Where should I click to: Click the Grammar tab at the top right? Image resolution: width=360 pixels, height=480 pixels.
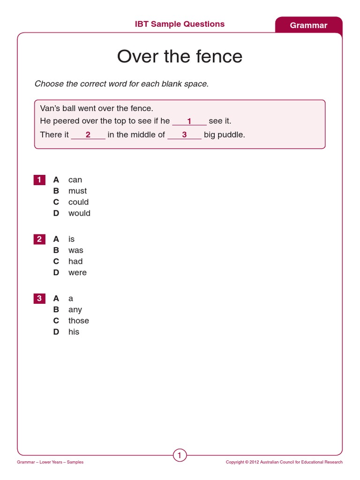click(x=308, y=25)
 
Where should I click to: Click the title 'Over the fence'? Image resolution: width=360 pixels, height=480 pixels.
click(x=180, y=57)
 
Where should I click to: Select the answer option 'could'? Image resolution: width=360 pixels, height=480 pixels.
click(x=78, y=202)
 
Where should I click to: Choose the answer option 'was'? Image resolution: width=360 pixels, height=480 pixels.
click(x=75, y=250)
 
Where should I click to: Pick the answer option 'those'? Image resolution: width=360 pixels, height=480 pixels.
click(x=78, y=321)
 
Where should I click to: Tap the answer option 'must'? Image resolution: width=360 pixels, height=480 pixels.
click(x=77, y=191)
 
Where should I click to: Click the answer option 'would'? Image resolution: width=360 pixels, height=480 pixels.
click(x=79, y=213)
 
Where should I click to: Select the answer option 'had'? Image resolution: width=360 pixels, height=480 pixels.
click(x=75, y=262)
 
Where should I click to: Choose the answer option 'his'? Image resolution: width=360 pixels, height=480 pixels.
click(x=74, y=332)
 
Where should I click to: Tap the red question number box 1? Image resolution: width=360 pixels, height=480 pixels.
click(x=39, y=180)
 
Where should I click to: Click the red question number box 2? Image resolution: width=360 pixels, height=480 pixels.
click(x=39, y=239)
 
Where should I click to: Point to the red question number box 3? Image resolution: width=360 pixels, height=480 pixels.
click(x=39, y=298)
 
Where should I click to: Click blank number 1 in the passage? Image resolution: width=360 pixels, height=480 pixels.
click(x=189, y=121)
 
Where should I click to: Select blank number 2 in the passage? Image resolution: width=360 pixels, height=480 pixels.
click(x=88, y=135)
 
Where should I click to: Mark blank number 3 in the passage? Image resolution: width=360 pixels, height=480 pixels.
click(x=184, y=135)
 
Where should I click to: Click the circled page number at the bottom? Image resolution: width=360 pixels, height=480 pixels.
click(x=180, y=455)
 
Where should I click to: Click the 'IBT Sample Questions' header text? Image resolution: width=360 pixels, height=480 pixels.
click(x=180, y=24)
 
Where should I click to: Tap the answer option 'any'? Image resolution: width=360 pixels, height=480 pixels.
click(x=75, y=309)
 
